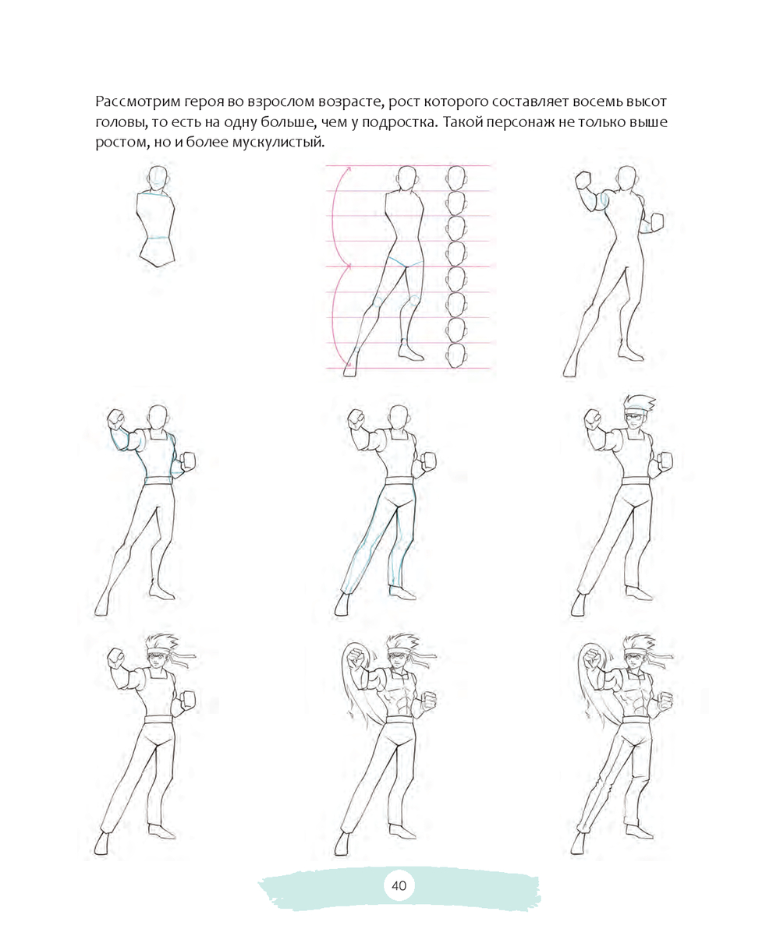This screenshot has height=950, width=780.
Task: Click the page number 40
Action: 399,885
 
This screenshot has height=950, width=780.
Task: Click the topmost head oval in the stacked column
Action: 456,178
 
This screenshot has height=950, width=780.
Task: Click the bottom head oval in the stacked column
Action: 456,356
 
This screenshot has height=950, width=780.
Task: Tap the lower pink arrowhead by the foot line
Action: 348,363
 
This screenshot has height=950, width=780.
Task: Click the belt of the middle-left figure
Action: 158,480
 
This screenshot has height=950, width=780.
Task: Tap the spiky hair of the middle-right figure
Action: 640,402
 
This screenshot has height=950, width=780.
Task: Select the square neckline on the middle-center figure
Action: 399,435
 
